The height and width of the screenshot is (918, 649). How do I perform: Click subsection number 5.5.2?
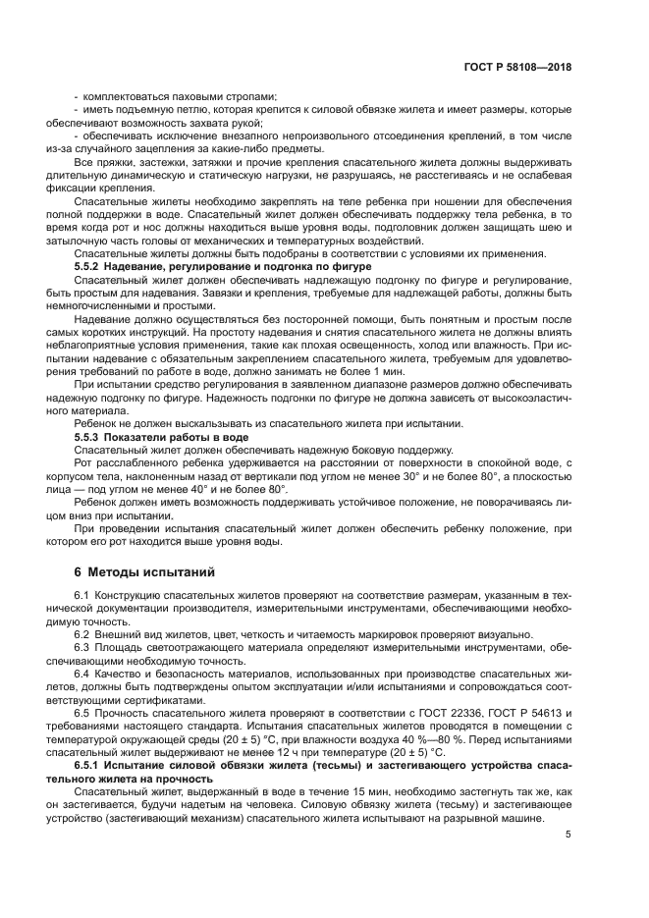(x=93, y=266)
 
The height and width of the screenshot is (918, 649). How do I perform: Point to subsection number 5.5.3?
(x=93, y=435)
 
